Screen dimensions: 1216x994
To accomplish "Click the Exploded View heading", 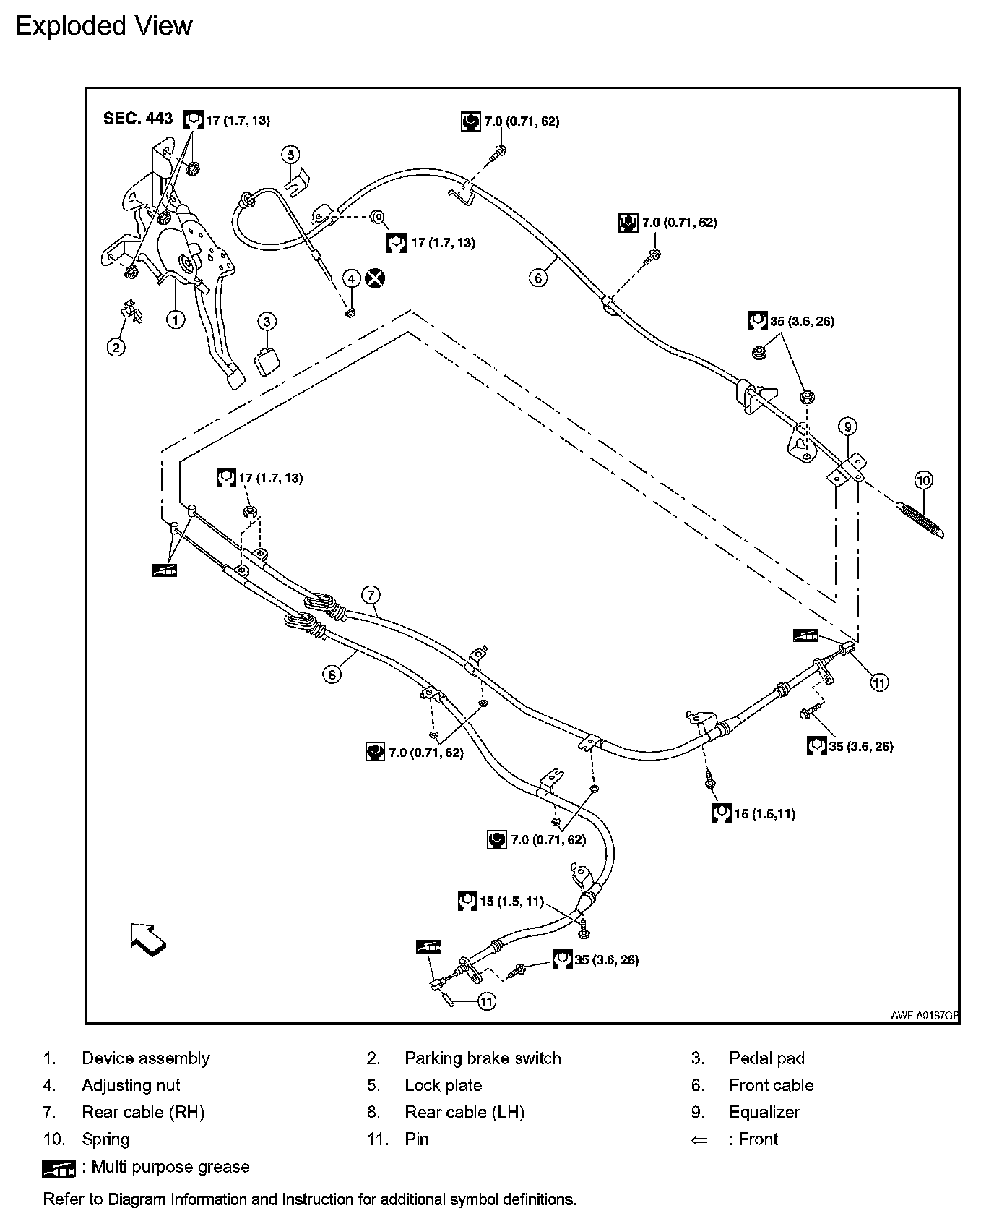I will (x=104, y=26).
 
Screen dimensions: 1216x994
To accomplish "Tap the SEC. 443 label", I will (x=138, y=119).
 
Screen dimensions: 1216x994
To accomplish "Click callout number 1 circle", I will (x=176, y=319).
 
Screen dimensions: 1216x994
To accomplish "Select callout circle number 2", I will (x=116, y=347).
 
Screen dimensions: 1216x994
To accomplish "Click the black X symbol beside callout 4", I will (x=375, y=278).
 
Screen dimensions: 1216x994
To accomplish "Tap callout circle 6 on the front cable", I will (x=538, y=278).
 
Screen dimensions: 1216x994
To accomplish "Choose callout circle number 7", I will (x=371, y=595).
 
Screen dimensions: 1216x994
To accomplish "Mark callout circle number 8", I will (x=332, y=675).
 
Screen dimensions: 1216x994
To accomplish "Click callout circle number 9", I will (x=848, y=426).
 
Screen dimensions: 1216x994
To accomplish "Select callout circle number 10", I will (x=923, y=479).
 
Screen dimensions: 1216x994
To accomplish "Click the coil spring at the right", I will (x=920, y=519).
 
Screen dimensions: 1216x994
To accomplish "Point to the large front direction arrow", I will (x=147, y=938).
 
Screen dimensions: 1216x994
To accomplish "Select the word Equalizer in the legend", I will (x=764, y=1112).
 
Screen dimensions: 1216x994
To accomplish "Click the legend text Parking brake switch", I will (x=483, y=1058).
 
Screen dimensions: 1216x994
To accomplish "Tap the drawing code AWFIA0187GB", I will (x=924, y=1015).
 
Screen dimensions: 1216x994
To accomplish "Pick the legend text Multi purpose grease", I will (x=170, y=1167).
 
